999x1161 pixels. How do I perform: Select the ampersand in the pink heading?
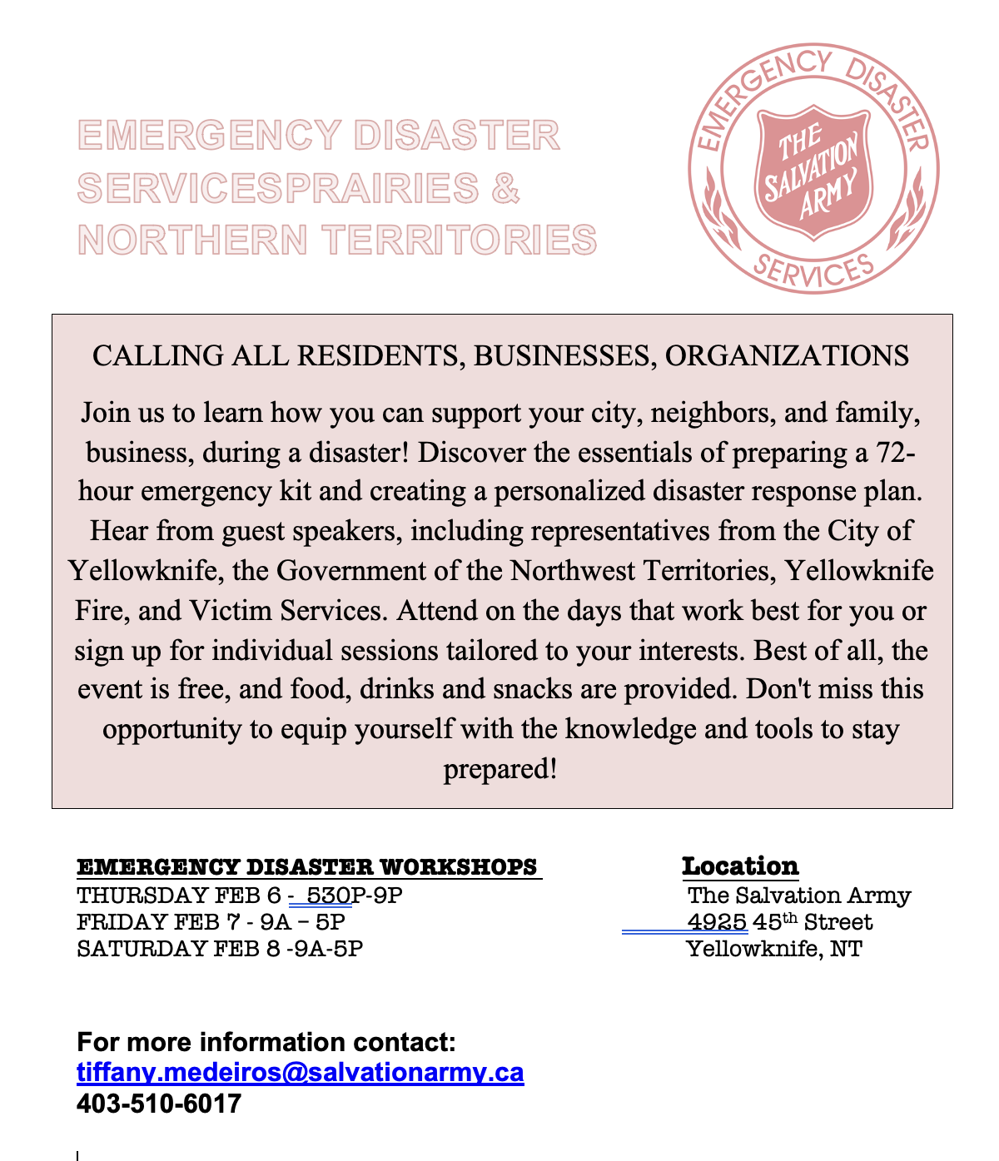click(505, 188)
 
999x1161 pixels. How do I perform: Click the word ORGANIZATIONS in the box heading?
click(787, 356)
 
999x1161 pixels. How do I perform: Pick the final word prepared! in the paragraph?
click(499, 768)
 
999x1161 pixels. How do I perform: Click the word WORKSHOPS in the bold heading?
click(458, 867)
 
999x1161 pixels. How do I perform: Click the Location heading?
click(740, 866)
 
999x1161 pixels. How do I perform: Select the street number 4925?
click(717, 922)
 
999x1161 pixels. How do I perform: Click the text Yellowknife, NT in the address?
click(774, 949)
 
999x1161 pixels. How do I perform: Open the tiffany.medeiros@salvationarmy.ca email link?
click(301, 1072)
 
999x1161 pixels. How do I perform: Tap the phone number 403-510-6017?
click(159, 1104)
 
